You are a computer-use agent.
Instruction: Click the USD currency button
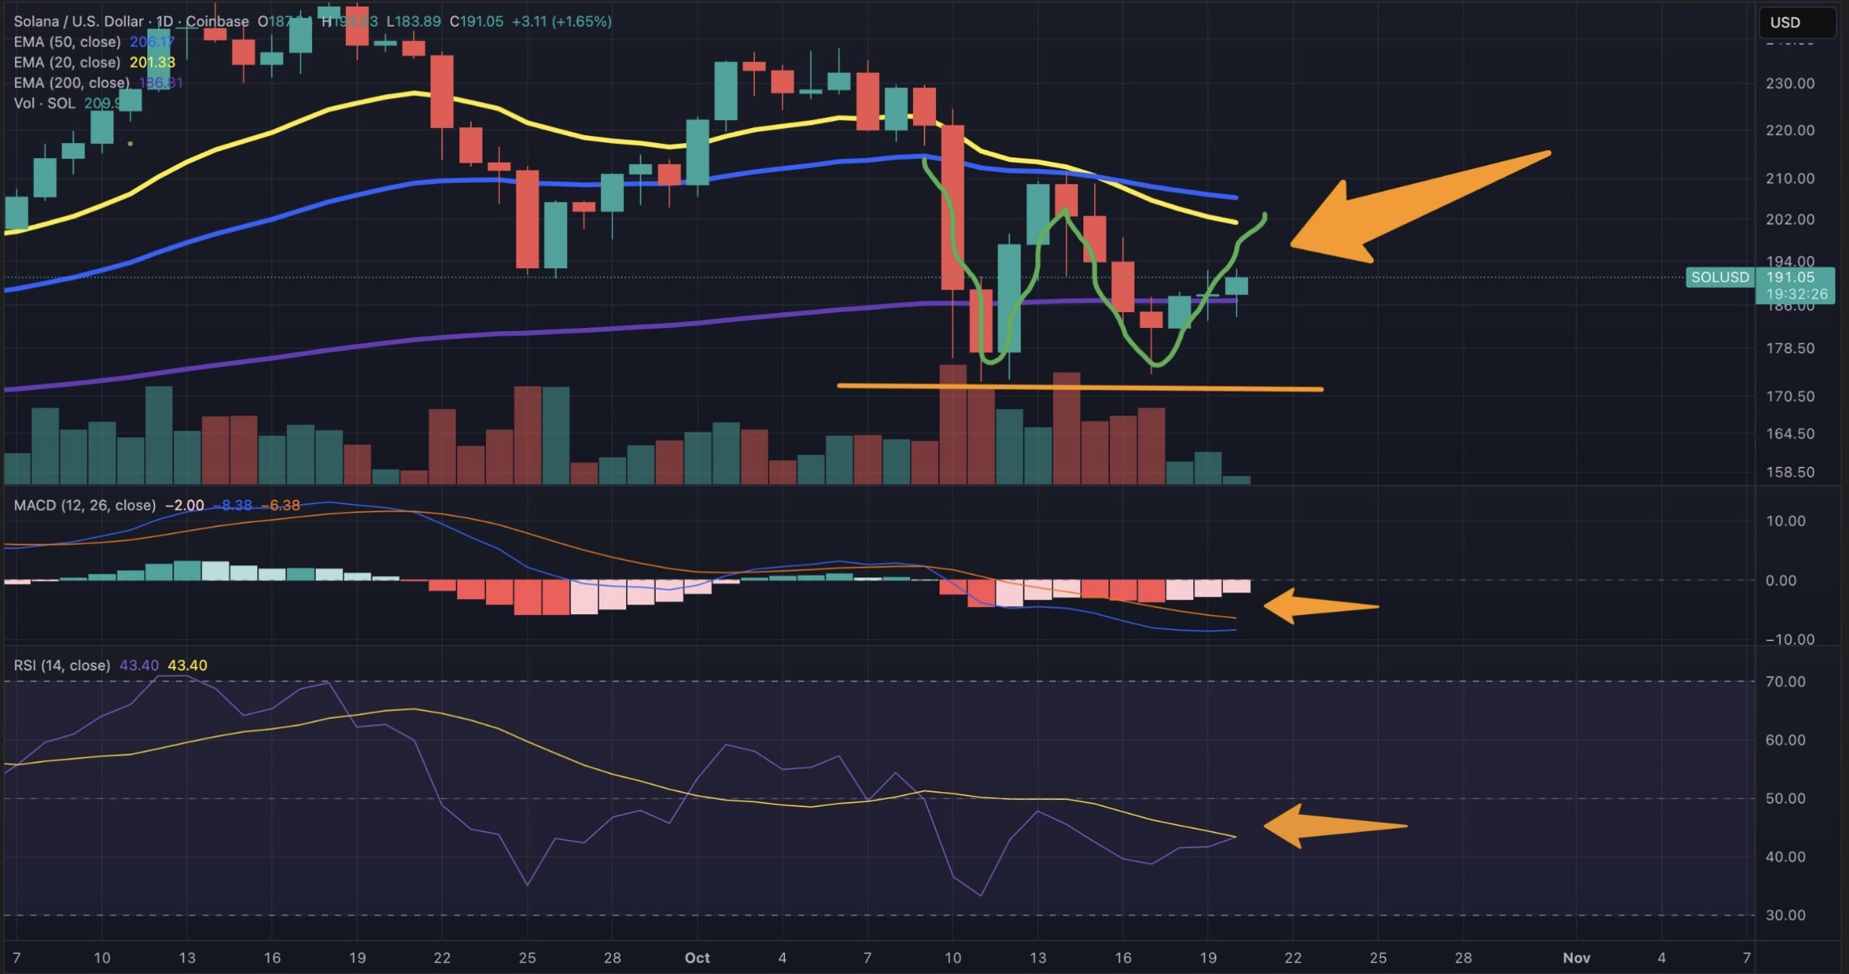[x=1796, y=22]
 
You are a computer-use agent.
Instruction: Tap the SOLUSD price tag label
[x=1720, y=277]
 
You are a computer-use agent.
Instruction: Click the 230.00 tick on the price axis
[x=1789, y=84]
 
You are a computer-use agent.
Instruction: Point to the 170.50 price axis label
[x=1789, y=397]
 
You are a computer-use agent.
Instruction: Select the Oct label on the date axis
[x=697, y=958]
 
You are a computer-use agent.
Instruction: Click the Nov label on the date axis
[x=1576, y=958]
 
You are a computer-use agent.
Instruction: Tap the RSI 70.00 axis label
[x=1785, y=682]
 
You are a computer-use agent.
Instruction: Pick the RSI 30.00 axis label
[x=1785, y=915]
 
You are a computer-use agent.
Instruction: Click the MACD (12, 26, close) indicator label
[x=85, y=506]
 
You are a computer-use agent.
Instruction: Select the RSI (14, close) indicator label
[x=62, y=665]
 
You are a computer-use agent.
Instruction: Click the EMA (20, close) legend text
[x=67, y=63]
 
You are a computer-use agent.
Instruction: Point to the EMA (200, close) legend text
[x=72, y=83]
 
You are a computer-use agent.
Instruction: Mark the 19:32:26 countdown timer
[x=1796, y=294]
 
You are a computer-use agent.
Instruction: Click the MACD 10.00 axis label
[x=1785, y=522]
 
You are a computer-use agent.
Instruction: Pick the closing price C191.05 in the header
[x=476, y=22]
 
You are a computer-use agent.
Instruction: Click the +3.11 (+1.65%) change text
[x=561, y=22]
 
